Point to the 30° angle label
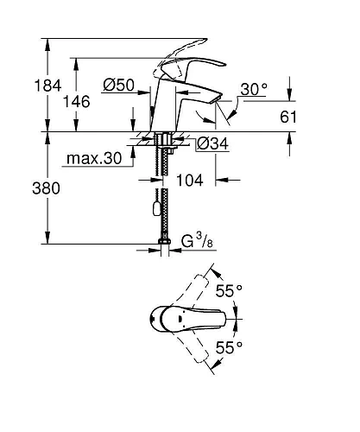(254, 88)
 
